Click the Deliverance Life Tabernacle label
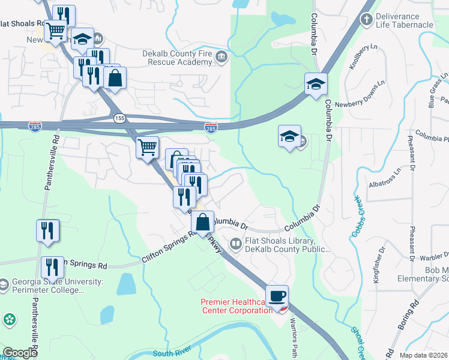[404, 20]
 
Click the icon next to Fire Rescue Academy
[221, 57]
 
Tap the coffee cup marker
[277, 296]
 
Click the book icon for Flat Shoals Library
[235, 243]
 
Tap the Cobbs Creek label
[355, 216]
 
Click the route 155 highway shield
[119, 118]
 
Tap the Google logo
[20, 353]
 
